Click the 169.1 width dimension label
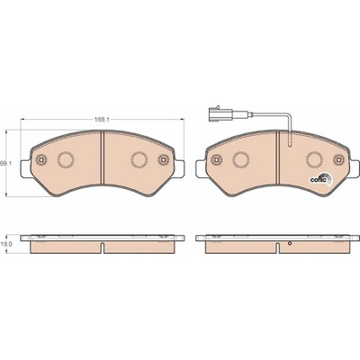[102, 119]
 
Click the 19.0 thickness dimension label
[5, 244]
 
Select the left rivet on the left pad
[40, 159]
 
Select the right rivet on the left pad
[164, 159]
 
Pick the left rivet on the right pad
[216, 159]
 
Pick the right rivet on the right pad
[339, 159]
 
